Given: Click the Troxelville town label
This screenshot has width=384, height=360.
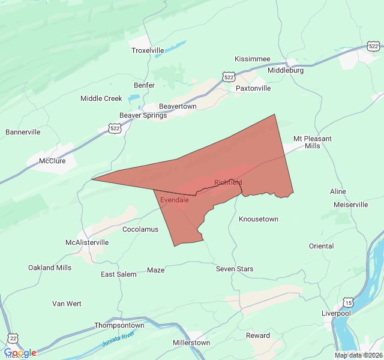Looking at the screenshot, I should click(148, 50).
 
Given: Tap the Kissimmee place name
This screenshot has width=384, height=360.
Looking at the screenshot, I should click(252, 59).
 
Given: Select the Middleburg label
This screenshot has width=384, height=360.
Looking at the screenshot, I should click(285, 70).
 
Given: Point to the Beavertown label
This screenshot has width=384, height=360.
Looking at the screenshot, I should click(177, 106).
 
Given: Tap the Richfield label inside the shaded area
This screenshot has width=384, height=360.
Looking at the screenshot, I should click(228, 182).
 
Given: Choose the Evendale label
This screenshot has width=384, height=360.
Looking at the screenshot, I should click(175, 200).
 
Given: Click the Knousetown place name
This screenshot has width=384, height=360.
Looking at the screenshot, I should click(259, 219).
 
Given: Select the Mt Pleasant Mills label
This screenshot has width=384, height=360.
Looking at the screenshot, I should click(312, 142).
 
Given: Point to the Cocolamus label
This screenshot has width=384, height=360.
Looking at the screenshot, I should click(140, 229).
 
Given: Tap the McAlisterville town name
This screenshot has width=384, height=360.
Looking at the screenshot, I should click(87, 242).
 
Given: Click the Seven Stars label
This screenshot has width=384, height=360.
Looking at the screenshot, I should click(235, 269).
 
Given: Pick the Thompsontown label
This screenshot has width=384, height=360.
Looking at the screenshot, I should click(119, 325).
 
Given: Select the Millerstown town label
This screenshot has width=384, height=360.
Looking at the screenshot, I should click(191, 343).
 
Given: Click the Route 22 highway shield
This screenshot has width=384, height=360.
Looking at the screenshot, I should click(13, 338).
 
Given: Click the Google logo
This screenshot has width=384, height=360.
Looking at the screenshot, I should click(20, 353).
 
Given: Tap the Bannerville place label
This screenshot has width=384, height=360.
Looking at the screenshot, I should click(23, 132).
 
